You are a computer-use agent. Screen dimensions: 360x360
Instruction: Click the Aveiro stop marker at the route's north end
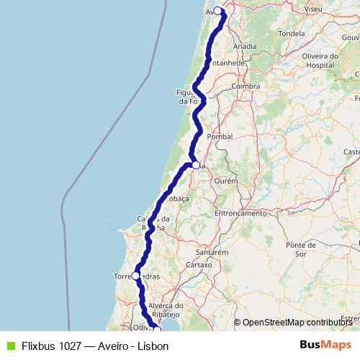pyautogui.click(x=217, y=11)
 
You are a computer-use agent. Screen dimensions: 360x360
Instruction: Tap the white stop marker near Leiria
pyautogui.click(x=196, y=165)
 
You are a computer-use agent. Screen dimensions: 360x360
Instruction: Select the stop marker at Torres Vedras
pyautogui.click(x=135, y=276)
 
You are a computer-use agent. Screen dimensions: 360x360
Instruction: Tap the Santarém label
pyautogui.click(x=212, y=253)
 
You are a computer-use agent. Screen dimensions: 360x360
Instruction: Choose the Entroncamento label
pyautogui.click(x=240, y=213)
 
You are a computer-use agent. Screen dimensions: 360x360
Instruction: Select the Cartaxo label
pyautogui.click(x=199, y=264)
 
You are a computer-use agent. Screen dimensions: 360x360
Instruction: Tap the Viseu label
pyautogui.click(x=313, y=9)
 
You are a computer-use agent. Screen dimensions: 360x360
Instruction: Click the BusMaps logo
pyautogui.click(x=325, y=345)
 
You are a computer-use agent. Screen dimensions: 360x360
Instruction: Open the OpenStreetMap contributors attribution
pyautogui.click(x=297, y=323)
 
